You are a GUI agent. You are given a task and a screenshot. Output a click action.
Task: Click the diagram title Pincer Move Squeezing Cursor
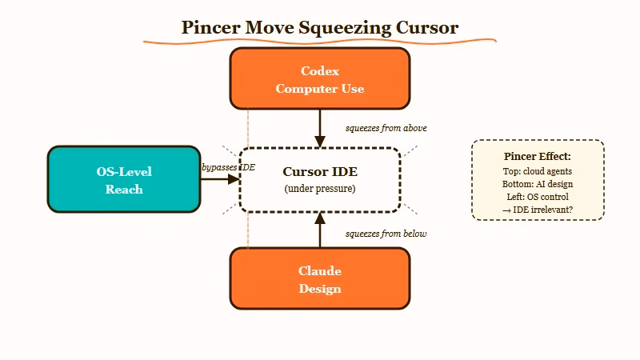tap(320, 27)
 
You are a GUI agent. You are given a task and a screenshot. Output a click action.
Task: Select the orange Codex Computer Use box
tap(320, 78)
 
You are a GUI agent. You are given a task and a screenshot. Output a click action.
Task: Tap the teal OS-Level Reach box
tap(124, 180)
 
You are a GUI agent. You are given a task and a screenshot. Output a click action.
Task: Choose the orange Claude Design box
tap(320, 278)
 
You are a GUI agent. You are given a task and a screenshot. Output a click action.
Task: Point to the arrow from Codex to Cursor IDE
tap(320, 128)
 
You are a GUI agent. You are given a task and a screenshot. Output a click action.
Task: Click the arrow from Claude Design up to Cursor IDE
tap(320, 230)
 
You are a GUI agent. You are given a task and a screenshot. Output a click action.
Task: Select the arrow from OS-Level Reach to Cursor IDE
tap(219, 180)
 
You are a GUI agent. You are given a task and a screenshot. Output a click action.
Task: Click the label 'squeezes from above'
tap(386, 128)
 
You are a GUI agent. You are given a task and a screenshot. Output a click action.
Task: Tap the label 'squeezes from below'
tap(386, 234)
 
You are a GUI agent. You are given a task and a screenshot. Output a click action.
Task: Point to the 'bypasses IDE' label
tap(228, 167)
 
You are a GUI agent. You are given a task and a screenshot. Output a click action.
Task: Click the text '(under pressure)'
tap(320, 189)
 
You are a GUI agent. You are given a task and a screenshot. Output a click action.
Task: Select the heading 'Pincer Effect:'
tap(538, 156)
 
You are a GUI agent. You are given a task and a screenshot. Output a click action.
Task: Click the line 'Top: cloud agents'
tap(538, 171)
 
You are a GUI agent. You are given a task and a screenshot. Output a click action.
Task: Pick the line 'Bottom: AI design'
tap(538, 184)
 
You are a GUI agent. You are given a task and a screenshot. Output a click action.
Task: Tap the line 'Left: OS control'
tap(538, 197)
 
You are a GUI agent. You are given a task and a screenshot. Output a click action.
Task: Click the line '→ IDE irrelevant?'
tap(538, 210)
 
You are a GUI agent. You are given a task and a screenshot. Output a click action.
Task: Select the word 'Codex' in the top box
tap(320, 71)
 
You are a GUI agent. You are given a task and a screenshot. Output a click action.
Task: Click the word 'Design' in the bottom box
tap(320, 289)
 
